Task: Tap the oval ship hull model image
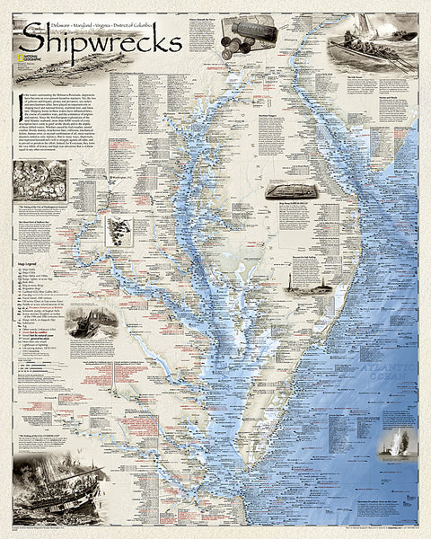click(286, 191)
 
